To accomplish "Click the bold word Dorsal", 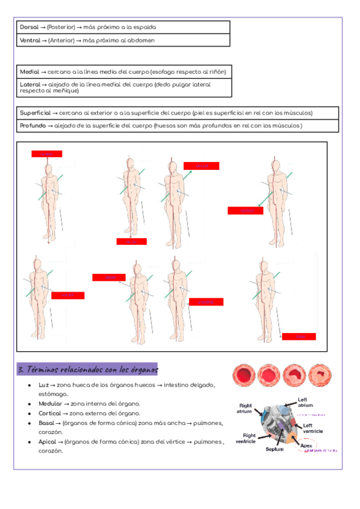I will pos(28,27).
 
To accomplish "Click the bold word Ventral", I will pos(29,40).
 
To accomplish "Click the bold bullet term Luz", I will pos(43,385).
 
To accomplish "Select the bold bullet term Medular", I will pos(50,404).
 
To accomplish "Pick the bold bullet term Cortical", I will pos(50,413).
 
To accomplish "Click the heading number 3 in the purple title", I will pos(22,369).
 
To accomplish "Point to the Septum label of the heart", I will pos(275,448).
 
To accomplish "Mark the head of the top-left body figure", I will pos(47,169).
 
